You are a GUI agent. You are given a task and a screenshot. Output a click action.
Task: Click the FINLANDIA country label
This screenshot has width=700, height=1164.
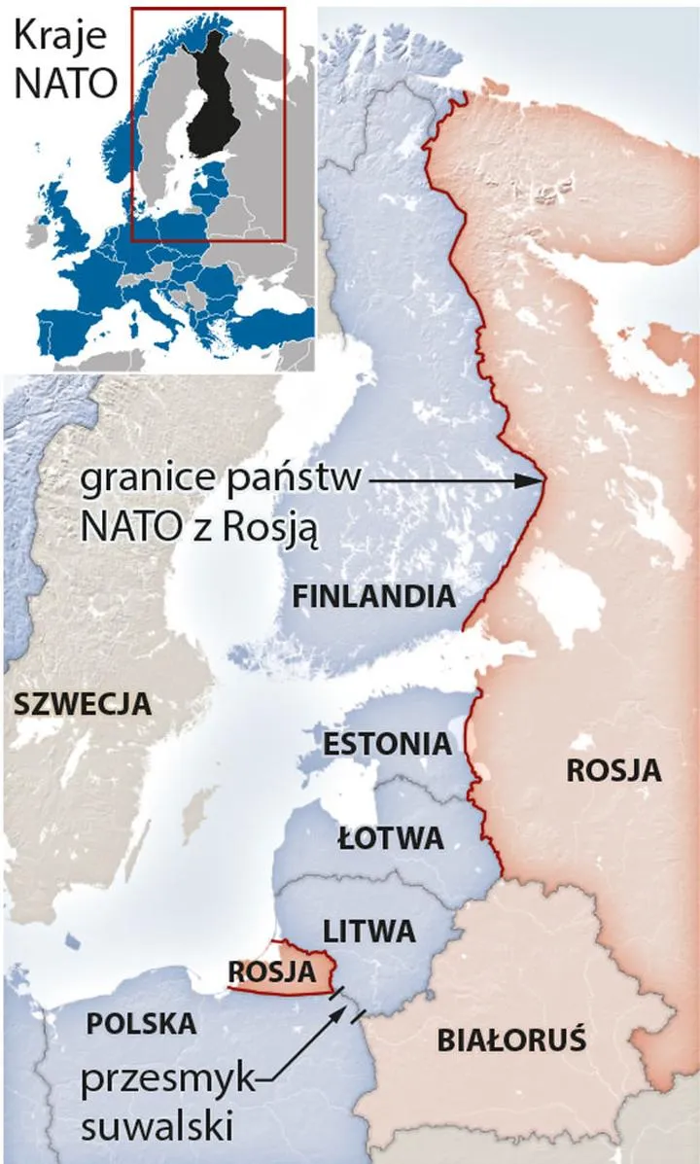[x=374, y=596]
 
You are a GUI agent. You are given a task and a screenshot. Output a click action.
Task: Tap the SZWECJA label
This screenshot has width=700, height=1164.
[x=83, y=703]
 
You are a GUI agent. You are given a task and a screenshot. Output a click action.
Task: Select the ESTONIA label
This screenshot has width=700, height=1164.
[x=387, y=745]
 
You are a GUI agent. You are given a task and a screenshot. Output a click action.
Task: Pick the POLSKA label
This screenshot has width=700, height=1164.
[x=141, y=1023]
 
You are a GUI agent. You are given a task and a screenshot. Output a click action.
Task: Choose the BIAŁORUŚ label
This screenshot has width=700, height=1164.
[x=510, y=1041]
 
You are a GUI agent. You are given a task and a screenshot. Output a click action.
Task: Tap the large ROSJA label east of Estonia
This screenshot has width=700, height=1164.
[x=613, y=770]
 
